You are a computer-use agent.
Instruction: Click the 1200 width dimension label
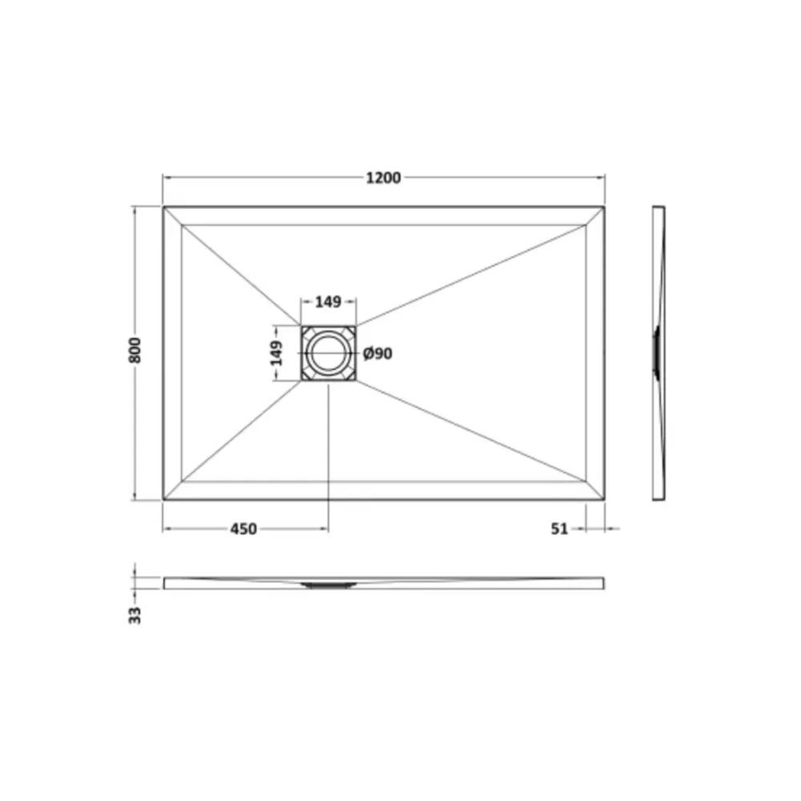click(383, 178)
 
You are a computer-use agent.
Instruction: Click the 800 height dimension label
click(135, 351)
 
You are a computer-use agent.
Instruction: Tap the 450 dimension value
click(244, 529)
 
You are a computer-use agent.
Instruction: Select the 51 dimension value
click(560, 529)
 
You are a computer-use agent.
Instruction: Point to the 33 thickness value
click(135, 615)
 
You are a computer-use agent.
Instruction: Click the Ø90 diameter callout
click(378, 353)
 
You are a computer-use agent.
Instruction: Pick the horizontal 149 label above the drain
click(328, 302)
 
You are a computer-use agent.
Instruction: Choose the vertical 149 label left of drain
click(276, 353)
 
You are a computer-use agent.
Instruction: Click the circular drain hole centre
click(328, 353)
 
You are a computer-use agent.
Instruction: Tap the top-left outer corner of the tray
click(163, 207)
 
